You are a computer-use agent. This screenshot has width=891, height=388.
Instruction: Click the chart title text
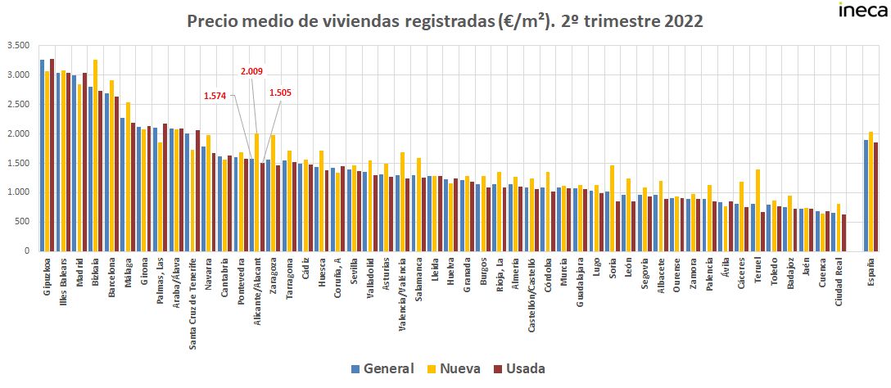[x=445, y=21]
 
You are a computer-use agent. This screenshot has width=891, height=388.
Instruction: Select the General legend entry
[x=382, y=368]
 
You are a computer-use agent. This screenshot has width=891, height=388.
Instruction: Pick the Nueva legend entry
[x=455, y=368]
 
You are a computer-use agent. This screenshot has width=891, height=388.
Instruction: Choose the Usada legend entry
[x=519, y=368]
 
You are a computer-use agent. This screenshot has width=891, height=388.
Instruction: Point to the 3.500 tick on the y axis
[x=16, y=45]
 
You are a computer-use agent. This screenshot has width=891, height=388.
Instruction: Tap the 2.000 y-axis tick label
[x=16, y=133]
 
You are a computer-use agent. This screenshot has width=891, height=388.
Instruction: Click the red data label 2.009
[x=251, y=72]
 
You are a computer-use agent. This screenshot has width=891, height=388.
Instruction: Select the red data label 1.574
[x=215, y=96]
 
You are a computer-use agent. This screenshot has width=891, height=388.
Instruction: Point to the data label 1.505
[x=281, y=92]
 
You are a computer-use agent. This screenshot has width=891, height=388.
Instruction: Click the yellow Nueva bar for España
[x=871, y=192]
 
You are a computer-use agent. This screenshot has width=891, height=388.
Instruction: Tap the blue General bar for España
[x=865, y=196]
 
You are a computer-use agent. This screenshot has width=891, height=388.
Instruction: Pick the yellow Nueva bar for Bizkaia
[x=95, y=156]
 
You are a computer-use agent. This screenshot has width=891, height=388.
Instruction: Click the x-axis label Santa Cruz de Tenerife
[x=192, y=303]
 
